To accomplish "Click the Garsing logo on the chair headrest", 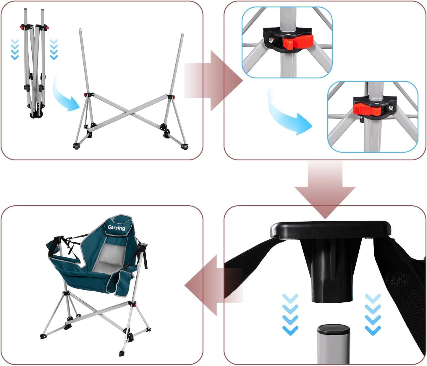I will click(116, 228).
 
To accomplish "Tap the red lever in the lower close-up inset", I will click(367, 109).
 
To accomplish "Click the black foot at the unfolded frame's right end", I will click(184, 146).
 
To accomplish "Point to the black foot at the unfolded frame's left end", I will click(76, 146).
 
